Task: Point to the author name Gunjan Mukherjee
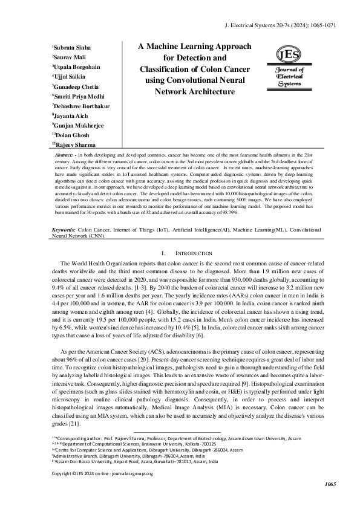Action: pos(79,125)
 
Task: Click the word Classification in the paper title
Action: pos(168,69)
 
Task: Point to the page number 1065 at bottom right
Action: pos(330,501)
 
